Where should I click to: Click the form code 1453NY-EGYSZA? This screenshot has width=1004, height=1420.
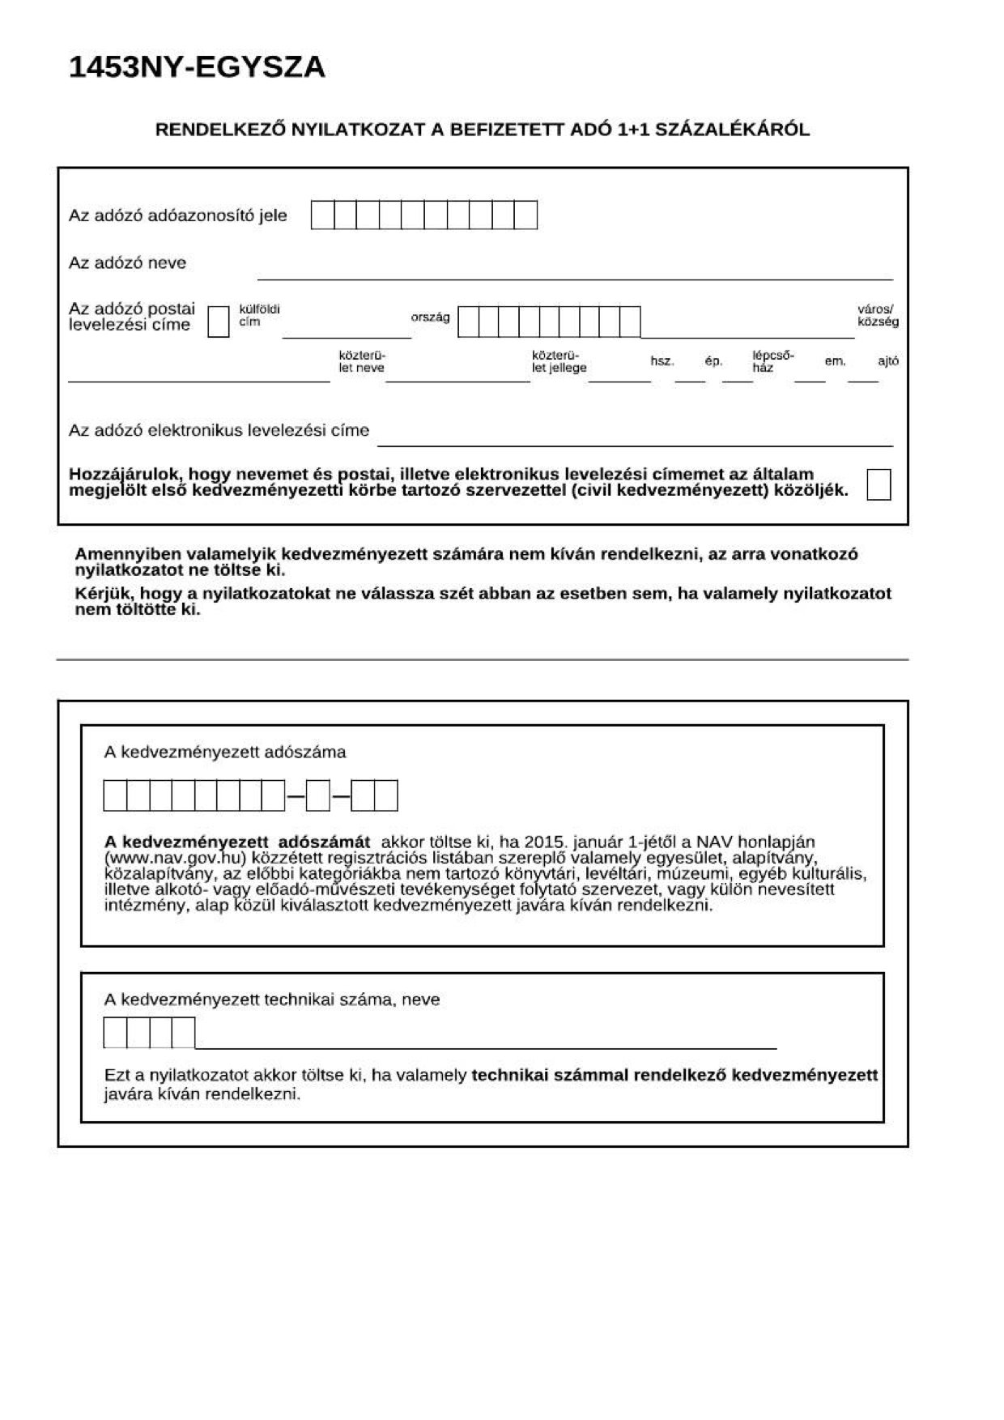[x=197, y=67]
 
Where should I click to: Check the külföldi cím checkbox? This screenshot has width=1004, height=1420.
[x=219, y=322]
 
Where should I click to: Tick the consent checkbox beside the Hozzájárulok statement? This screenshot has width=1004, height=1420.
[x=878, y=484]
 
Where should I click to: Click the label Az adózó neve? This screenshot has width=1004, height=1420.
[x=127, y=263]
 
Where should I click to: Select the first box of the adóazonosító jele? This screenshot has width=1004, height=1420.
[x=323, y=215]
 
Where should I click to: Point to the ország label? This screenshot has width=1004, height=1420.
[x=430, y=317]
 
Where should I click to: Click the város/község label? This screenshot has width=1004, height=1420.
[x=877, y=316]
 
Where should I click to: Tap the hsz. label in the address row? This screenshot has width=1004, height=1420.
[x=662, y=361]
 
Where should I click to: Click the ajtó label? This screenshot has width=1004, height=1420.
[x=887, y=361]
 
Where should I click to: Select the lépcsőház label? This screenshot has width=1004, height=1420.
[x=772, y=361]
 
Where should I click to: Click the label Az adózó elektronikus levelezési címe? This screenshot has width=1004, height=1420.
[x=219, y=431]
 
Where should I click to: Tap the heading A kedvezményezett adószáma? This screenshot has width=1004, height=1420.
[x=224, y=753]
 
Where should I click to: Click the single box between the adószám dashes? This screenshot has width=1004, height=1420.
[x=318, y=795]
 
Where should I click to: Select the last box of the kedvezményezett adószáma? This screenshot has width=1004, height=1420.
[x=386, y=795]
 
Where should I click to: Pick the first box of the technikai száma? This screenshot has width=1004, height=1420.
[x=115, y=1033]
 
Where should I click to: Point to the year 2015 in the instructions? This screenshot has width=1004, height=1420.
[x=543, y=842]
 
